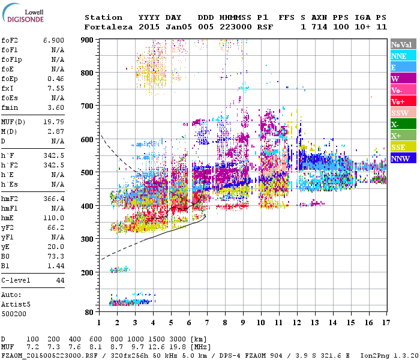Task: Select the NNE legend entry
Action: pyautogui.click(x=398, y=56)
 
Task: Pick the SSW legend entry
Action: pyautogui.click(x=398, y=113)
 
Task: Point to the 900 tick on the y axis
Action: pyautogui.click(x=88, y=40)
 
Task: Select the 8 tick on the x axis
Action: pyautogui.click(x=225, y=323)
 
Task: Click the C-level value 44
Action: pyautogui.click(x=60, y=280)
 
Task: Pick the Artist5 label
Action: pyautogui.click(x=15, y=304)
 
